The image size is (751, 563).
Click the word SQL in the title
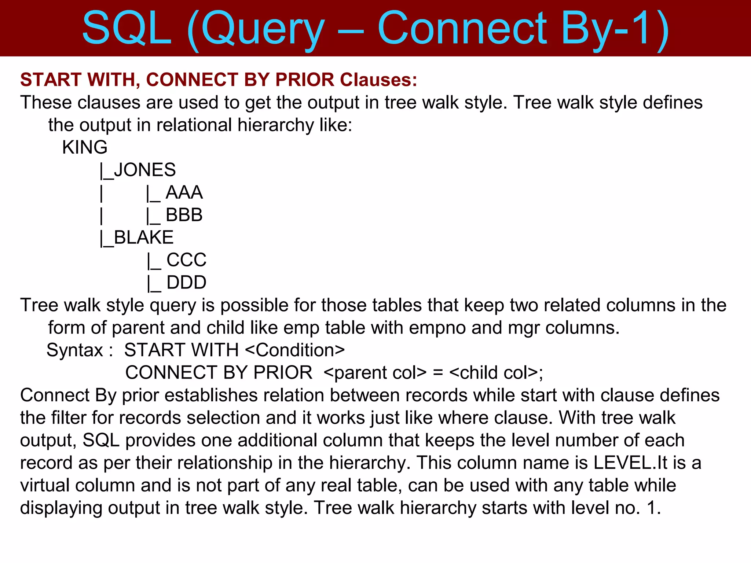click(127, 29)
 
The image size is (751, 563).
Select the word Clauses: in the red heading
click(378, 80)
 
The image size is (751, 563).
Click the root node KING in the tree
click(85, 147)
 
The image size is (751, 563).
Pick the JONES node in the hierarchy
click(144, 170)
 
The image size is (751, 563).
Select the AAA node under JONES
click(184, 192)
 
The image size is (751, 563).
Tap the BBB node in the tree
click(184, 215)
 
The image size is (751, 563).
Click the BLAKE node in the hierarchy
click(143, 238)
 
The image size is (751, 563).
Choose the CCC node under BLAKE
click(186, 260)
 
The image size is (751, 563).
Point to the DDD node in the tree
click(186, 283)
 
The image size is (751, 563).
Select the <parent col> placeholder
click(375, 373)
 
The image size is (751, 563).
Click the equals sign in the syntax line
click(438, 373)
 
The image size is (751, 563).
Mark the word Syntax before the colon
click(75, 350)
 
